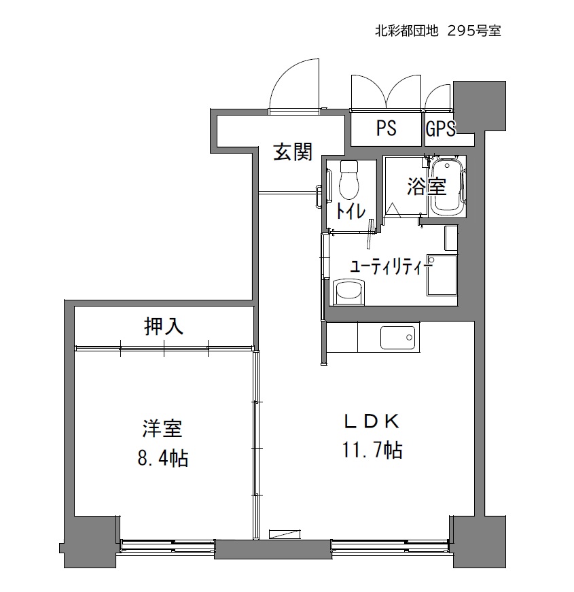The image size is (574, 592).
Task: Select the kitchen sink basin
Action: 397,336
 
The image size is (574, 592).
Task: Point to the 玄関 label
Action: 293,152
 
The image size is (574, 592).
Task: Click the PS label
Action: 386,128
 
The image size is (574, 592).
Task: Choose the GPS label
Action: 440,128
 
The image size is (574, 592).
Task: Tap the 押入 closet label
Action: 164,326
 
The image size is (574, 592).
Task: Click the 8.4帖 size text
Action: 162,457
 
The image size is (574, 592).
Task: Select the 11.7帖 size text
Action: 372,450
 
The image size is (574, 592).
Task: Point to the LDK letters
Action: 372,421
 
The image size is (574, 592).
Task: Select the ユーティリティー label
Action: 391,267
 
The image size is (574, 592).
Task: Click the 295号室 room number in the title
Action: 474,31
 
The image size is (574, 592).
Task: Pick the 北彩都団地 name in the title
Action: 406,31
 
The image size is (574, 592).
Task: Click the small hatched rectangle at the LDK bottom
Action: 285,534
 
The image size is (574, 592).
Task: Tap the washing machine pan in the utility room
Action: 442,275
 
